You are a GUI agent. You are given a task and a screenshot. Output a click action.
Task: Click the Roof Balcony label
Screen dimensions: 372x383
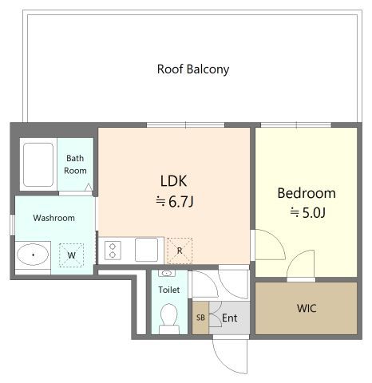pos(193,69)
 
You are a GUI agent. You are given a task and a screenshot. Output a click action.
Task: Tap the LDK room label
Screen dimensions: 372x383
pos(173,180)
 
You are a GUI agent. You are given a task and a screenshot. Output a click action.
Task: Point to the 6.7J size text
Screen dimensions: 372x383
pos(180,201)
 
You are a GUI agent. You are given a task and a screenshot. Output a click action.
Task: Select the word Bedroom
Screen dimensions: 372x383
pos(307,193)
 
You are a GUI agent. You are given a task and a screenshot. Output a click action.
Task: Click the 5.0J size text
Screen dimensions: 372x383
pos(314,212)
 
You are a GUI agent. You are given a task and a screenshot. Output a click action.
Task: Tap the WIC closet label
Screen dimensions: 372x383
pos(307,308)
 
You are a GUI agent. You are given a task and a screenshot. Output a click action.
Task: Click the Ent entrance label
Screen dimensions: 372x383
pos(229,318)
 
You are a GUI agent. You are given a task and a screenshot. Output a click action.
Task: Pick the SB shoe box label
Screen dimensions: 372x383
pos(200,318)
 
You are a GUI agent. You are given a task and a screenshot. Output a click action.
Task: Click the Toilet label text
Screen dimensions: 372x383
pos(169,290)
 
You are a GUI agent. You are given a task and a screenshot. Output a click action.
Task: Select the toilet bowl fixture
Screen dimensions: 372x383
pos(169,318)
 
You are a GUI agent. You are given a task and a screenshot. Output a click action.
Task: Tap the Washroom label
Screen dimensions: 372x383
pos(54,218)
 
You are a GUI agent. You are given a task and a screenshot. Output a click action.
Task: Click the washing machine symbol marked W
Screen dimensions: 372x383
pos(71,255)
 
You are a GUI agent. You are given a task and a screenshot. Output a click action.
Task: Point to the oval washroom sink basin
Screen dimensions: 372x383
pos(33,255)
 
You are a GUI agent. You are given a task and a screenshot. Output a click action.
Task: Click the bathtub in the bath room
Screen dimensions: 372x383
pos(38,164)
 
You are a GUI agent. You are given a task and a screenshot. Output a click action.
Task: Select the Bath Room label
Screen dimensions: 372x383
pos(75,164)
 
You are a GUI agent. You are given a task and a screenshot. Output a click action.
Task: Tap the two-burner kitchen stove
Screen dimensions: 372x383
pos(113,251)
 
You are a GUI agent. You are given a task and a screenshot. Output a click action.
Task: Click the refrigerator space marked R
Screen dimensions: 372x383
pos(180,251)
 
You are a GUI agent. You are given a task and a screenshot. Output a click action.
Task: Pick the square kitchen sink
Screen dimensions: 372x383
pos(146,250)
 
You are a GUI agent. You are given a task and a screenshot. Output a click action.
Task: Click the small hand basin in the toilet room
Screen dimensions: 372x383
pos(167,274)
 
